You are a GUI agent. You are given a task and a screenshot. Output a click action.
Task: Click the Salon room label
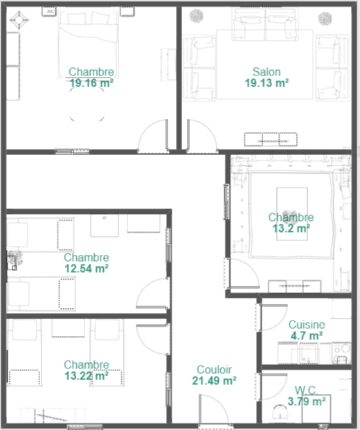pos(267,72)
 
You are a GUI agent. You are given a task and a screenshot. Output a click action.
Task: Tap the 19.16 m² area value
pos(91,83)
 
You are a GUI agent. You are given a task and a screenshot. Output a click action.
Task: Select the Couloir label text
pos(214,370)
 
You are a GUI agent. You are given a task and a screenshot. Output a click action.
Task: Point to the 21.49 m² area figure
pos(214,381)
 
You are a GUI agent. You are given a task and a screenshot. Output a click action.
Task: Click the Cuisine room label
pos(307,325)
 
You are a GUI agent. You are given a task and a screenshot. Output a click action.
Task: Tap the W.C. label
pos(306,391)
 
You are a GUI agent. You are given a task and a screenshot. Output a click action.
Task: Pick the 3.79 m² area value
pos(307,402)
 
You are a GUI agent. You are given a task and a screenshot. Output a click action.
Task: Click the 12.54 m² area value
pos(87,269)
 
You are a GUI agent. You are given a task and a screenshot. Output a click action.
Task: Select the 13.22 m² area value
pos(87,376)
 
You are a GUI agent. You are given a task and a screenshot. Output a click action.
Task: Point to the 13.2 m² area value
pos(291,229)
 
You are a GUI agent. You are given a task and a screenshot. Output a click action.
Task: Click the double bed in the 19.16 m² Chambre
pos(88,44)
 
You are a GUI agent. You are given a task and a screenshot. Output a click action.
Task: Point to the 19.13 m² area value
pos(267,83)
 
